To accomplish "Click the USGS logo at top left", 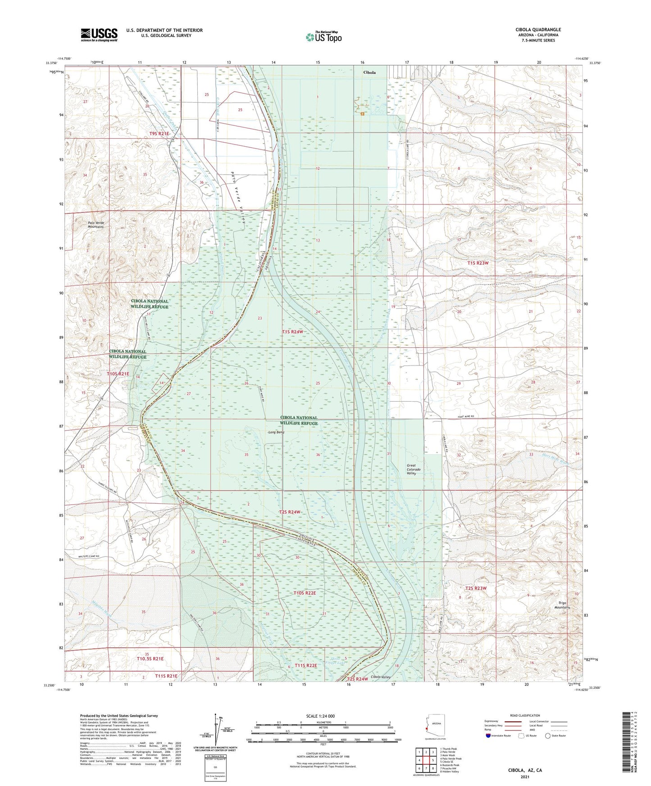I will [99, 35].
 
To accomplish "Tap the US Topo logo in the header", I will [323, 37].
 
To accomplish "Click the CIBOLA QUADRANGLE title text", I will [538, 30].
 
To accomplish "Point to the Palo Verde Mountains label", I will [93, 225].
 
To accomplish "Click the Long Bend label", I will [276, 432].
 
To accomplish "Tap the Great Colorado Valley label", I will [414, 470].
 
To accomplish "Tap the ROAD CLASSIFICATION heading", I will [525, 715].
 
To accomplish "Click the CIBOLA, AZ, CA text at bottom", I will [525, 770].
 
